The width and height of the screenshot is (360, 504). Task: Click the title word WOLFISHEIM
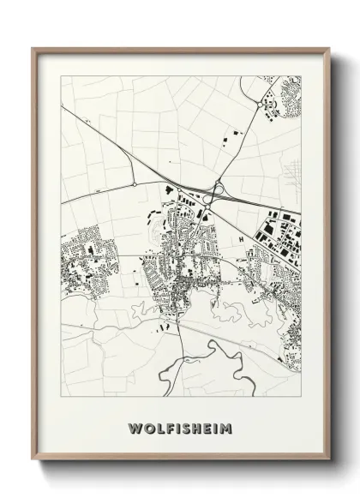point(180,427)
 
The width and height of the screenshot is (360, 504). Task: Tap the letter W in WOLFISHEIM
point(135,427)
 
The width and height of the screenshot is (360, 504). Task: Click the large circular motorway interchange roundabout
point(219,189)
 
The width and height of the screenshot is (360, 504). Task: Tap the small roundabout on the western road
point(135,183)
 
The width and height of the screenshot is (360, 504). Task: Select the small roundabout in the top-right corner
point(260,105)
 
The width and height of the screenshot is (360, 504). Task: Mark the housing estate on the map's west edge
point(81,257)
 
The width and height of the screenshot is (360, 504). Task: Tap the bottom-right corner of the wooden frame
point(329,459)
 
